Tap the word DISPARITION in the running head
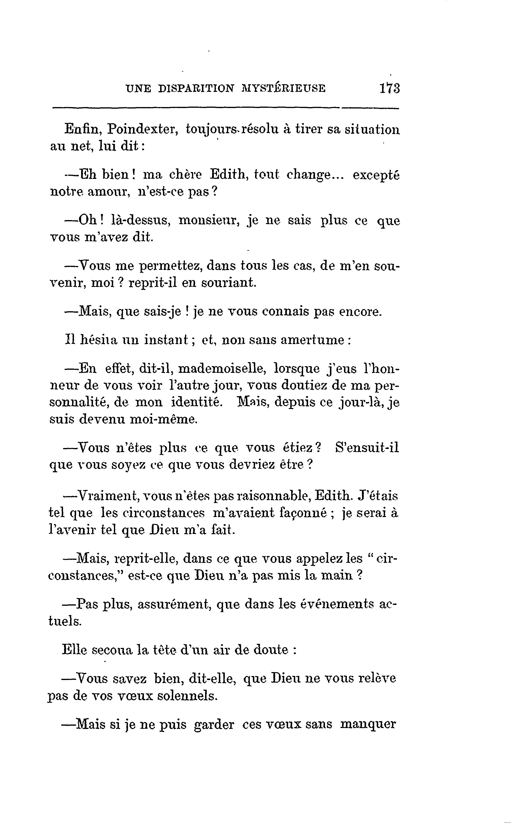click(x=196, y=89)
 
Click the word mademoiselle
click(x=221, y=369)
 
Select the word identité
click(x=197, y=403)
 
